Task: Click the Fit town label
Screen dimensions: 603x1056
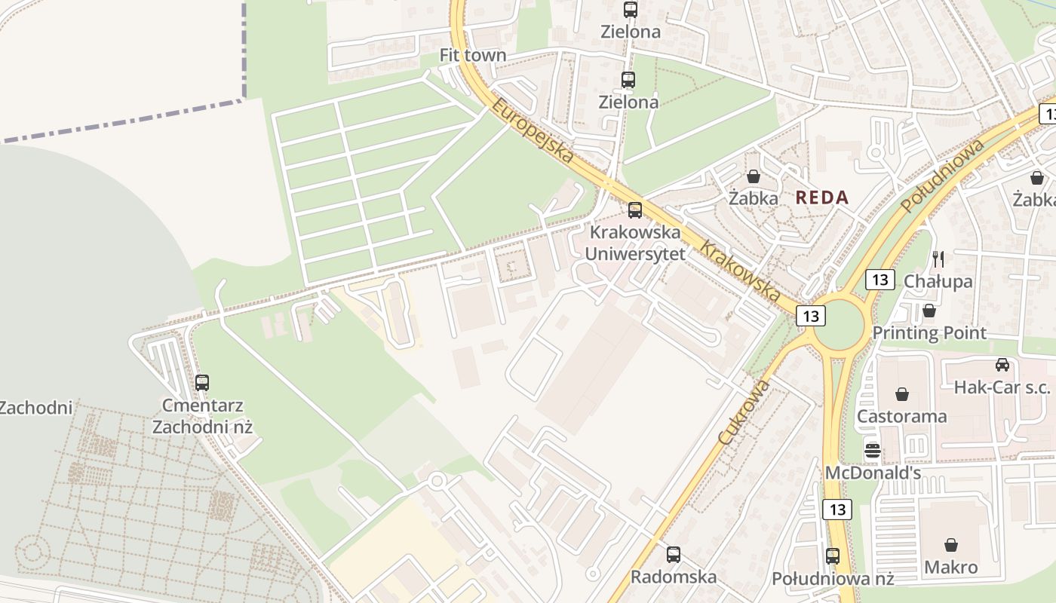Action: click(x=473, y=56)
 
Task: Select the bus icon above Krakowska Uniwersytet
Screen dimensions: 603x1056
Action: click(x=635, y=210)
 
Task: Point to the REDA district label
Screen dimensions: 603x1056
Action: click(x=822, y=198)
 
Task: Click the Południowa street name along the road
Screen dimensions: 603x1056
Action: click(x=943, y=176)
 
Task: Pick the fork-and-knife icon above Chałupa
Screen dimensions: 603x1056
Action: click(x=938, y=259)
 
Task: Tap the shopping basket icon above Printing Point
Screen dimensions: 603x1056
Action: click(x=929, y=311)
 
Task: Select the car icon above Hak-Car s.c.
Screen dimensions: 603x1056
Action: click(x=1002, y=365)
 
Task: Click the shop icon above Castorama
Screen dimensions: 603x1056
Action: click(x=901, y=394)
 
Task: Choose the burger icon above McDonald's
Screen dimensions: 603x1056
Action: click(x=873, y=451)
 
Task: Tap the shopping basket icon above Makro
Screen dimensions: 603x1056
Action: click(x=951, y=544)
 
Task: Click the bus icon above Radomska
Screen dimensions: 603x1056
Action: click(x=674, y=555)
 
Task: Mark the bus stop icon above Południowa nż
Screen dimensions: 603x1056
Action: click(x=833, y=556)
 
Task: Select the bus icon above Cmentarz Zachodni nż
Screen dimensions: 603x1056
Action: click(x=202, y=382)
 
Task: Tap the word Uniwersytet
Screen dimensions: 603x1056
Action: click(x=636, y=254)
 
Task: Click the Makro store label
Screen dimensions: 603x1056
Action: click(x=951, y=567)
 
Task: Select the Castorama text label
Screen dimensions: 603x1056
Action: click(x=901, y=416)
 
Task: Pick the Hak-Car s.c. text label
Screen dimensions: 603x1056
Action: click(x=1002, y=387)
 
